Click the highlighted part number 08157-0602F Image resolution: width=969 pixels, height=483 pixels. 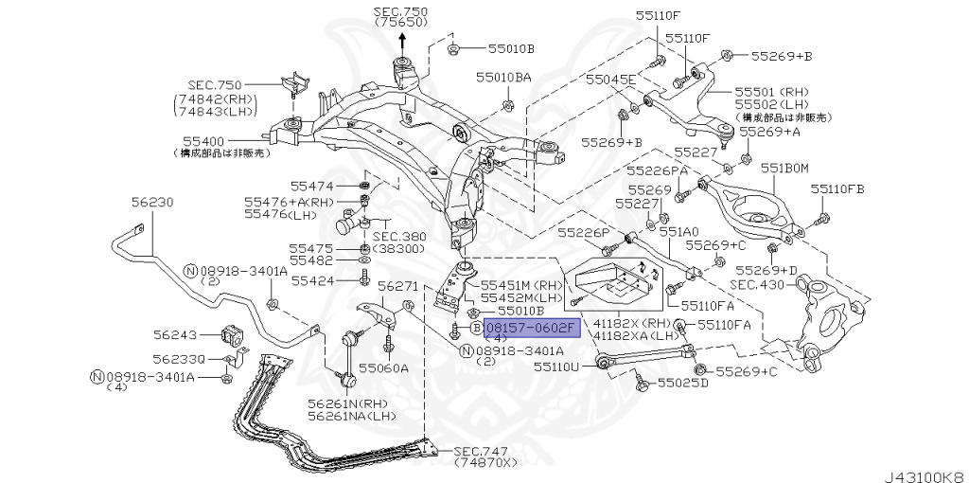click(530, 328)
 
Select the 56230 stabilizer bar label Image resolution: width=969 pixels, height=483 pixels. click(152, 203)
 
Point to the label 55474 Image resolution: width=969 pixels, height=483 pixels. click(311, 186)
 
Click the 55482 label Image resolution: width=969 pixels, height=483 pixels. click(311, 259)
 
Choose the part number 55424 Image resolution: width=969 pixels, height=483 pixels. click(311, 280)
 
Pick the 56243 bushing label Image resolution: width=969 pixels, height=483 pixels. click(175, 334)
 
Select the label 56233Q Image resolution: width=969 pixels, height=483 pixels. click(179, 360)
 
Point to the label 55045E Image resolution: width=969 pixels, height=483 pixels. click(610, 80)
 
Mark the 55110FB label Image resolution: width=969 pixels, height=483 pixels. click(842, 189)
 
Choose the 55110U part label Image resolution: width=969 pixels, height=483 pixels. click(561, 365)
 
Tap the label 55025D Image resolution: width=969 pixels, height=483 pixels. click(683, 385)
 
